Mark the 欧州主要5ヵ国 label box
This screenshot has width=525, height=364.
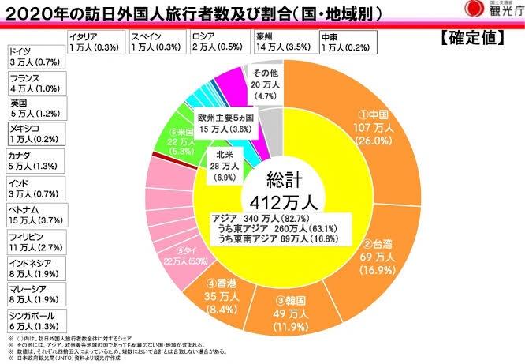pyautogui.click(x=225, y=123)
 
